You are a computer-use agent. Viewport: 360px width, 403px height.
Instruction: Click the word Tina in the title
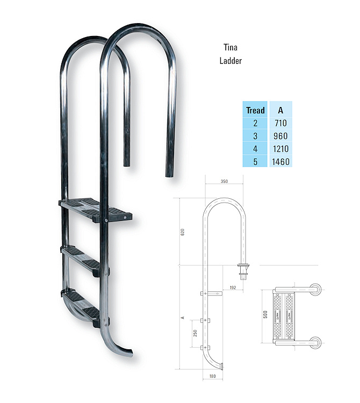[230, 47]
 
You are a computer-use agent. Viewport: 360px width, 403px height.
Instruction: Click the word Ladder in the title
[231, 61]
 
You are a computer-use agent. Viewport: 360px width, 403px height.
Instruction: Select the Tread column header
[255, 110]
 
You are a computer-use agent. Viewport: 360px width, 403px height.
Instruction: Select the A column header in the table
[280, 110]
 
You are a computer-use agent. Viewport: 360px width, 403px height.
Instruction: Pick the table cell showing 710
[280, 123]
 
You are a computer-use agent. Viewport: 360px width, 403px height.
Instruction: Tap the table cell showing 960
[280, 136]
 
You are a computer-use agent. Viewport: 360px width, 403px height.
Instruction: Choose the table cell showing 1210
[280, 149]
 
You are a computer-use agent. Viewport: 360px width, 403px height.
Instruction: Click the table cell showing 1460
[280, 161]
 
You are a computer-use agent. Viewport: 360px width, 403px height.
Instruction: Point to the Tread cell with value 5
[255, 161]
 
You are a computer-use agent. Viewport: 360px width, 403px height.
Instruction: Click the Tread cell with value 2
[255, 123]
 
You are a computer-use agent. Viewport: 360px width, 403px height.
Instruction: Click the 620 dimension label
[183, 233]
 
